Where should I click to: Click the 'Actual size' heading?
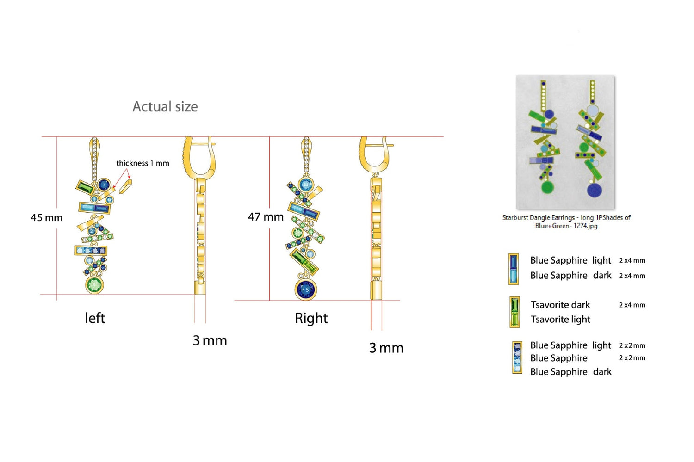pyautogui.click(x=165, y=107)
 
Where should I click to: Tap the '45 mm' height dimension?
pyautogui.click(x=46, y=217)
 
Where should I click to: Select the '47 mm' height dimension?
pyautogui.click(x=266, y=216)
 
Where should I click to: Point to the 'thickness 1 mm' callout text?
pyautogui.click(x=143, y=163)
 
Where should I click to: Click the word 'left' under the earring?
pyautogui.click(x=95, y=318)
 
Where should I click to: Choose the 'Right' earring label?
pyautogui.click(x=311, y=318)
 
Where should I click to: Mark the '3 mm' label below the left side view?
pyautogui.click(x=210, y=341)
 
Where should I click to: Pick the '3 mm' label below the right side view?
pyautogui.click(x=386, y=348)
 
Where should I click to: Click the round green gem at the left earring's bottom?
pyautogui.click(x=94, y=285)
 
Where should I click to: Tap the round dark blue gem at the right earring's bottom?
pyautogui.click(x=306, y=290)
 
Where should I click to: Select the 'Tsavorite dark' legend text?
pyautogui.click(x=560, y=305)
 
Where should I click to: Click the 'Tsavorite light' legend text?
pyautogui.click(x=560, y=320)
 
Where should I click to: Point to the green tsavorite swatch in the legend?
pyautogui.click(x=514, y=312)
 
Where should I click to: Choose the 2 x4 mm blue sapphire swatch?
pyautogui.click(x=513, y=269)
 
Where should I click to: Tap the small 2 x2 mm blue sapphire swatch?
pyautogui.click(x=517, y=357)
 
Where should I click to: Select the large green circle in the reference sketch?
pyautogui.click(x=547, y=187)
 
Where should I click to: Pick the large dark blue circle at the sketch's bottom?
pyautogui.click(x=594, y=190)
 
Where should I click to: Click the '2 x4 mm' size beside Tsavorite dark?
pyautogui.click(x=632, y=305)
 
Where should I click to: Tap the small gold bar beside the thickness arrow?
pyautogui.click(x=125, y=186)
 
